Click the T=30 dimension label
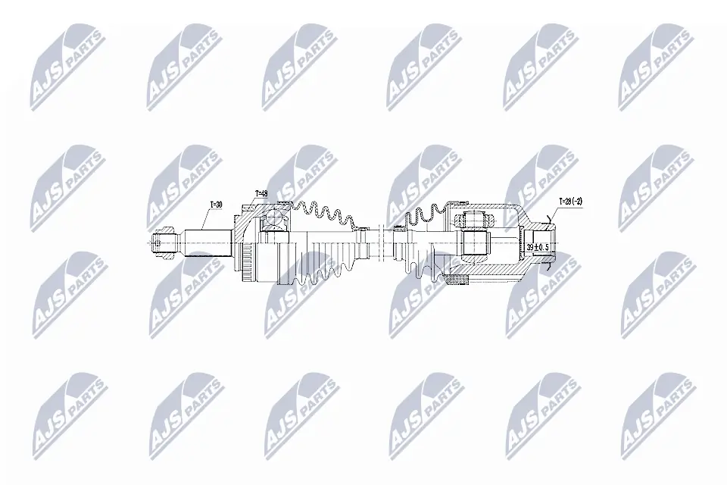tap(216, 205)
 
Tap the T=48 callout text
tap(262, 193)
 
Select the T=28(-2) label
tap(571, 202)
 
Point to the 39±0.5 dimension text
tap(538, 247)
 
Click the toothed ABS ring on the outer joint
tap(245, 265)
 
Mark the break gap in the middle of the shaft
tap(376, 243)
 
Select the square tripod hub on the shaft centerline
tap(474, 242)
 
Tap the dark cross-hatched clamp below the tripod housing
tap(459, 283)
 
